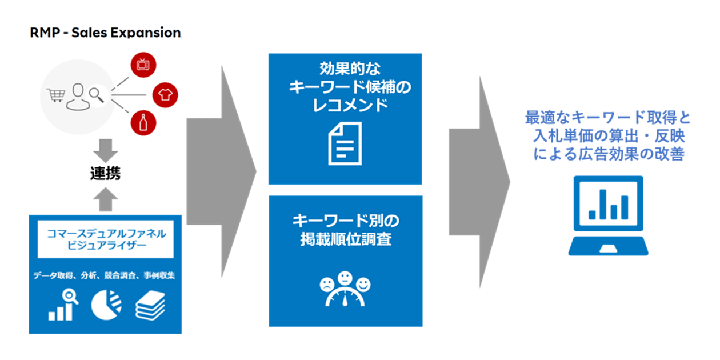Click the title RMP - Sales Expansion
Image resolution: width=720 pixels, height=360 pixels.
(x=105, y=33)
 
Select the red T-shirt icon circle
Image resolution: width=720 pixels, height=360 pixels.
(x=166, y=93)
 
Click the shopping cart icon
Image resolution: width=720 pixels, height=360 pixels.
(x=56, y=95)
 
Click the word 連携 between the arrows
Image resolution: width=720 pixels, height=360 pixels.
(x=105, y=173)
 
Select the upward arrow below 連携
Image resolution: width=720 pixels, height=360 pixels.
(x=105, y=199)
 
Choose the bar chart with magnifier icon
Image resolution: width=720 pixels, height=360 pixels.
(x=62, y=305)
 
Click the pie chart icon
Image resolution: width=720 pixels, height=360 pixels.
(x=106, y=305)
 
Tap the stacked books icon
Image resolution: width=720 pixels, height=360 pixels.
(x=150, y=305)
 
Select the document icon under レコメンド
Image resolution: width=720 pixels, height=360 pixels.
(x=345, y=145)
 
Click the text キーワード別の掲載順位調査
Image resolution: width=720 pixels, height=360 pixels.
(x=345, y=230)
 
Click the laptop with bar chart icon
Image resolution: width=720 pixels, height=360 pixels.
(x=608, y=214)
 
